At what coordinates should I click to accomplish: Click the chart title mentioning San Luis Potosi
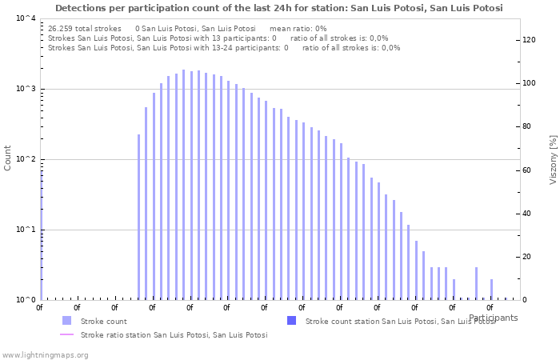click(x=279, y=8)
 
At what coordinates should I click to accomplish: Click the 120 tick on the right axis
click(x=529, y=40)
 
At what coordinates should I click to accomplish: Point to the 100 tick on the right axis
click(x=529, y=83)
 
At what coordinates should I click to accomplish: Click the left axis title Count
click(x=8, y=158)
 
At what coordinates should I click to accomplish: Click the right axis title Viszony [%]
click(x=552, y=159)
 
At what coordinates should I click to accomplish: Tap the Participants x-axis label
click(x=493, y=318)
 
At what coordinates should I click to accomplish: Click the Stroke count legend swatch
click(x=66, y=321)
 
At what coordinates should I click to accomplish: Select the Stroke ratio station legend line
click(x=66, y=335)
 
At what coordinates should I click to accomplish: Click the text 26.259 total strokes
click(x=85, y=28)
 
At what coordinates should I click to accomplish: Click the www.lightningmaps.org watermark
click(x=45, y=354)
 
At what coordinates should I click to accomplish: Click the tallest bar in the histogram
click(x=183, y=184)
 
